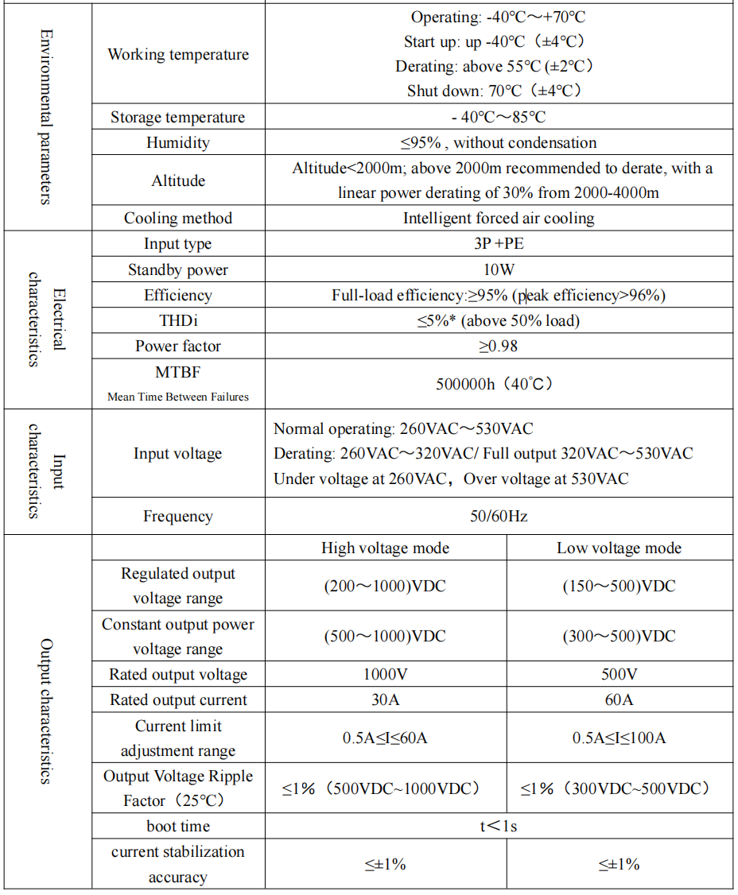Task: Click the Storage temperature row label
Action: (177, 118)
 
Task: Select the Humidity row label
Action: (177, 143)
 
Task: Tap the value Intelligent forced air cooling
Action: (499, 218)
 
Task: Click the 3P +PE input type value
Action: (499, 244)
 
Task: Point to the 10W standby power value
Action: (499, 269)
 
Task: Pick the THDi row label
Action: (177, 320)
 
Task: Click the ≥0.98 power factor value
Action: (499, 346)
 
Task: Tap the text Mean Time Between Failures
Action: (177, 397)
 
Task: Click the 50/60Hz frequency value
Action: (499, 516)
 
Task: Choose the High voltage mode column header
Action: (385, 548)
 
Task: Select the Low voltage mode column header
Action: (619, 548)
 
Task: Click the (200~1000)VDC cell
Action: (385, 587)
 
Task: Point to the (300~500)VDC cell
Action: (619, 636)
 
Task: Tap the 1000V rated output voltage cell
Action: (385, 674)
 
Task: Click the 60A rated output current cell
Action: (619, 699)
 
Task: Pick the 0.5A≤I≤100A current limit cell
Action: (619, 738)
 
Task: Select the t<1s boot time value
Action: (499, 826)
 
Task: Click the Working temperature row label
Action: (177, 55)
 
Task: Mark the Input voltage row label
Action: (177, 454)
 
